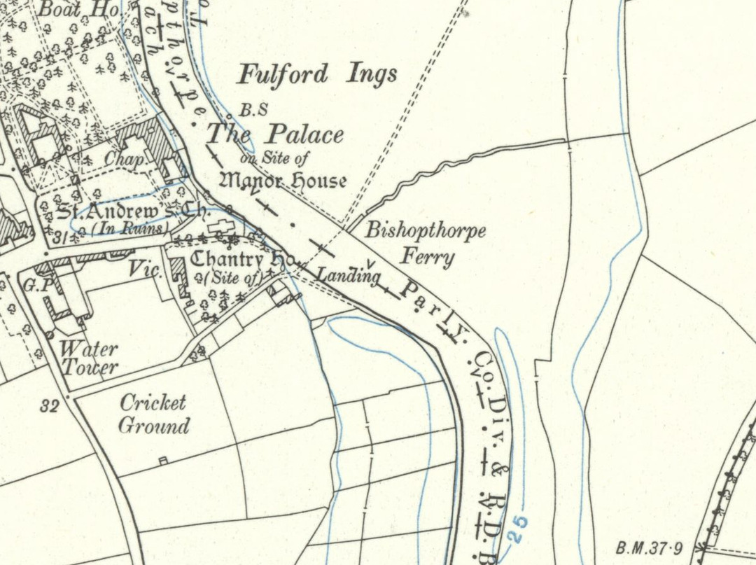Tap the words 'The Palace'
pyautogui.click(x=275, y=134)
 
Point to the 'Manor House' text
pyautogui.click(x=283, y=181)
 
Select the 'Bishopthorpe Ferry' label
pyautogui.click(x=426, y=243)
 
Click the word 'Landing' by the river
pyautogui.click(x=347, y=275)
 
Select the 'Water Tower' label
pyautogui.click(x=89, y=357)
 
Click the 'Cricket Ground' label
pyautogui.click(x=153, y=414)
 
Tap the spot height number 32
pyautogui.click(x=49, y=406)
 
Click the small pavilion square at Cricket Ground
pyautogui.click(x=163, y=460)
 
